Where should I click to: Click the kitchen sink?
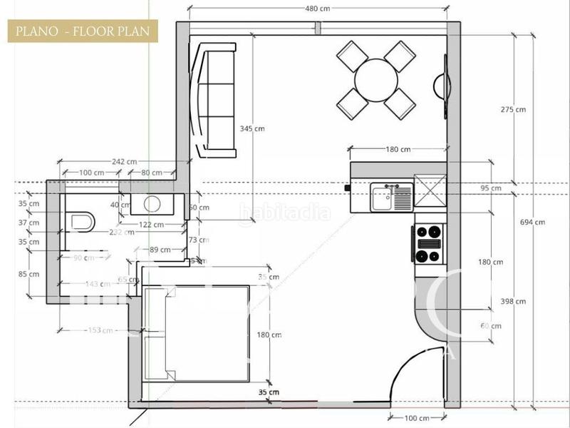click(x=391, y=197)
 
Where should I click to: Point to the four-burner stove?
click(x=429, y=243)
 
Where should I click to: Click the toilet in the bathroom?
click(x=81, y=221)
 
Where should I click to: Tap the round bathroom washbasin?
click(x=152, y=204)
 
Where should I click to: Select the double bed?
click(x=197, y=334)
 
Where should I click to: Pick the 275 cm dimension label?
click(x=513, y=110)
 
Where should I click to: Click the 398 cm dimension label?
click(x=512, y=302)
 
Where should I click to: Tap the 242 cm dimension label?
click(x=124, y=162)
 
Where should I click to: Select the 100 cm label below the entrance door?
click(x=416, y=418)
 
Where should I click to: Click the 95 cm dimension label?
click(x=491, y=188)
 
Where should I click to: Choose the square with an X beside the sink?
click(x=430, y=191)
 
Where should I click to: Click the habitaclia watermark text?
click(x=285, y=212)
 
